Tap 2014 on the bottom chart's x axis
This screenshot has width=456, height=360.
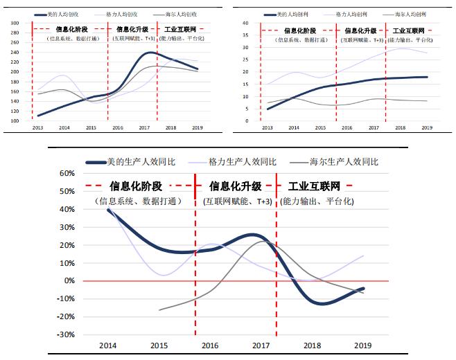click(107, 345)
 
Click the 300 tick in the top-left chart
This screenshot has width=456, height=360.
click(15, 23)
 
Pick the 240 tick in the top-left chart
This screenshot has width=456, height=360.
click(15, 52)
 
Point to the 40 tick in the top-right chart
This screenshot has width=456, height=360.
click(245, 23)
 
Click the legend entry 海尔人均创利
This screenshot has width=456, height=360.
click(414, 13)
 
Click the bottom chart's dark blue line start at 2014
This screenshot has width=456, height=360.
click(108, 209)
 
